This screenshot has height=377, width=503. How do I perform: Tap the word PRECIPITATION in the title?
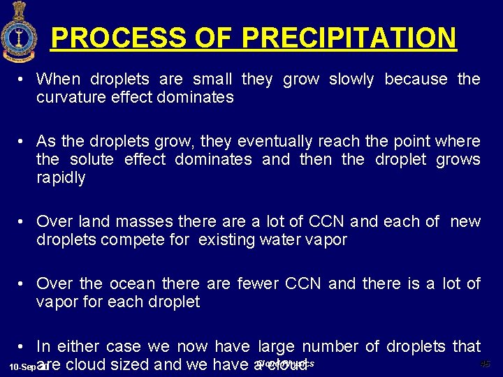[x=349, y=38]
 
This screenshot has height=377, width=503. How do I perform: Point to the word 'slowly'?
[x=351, y=80]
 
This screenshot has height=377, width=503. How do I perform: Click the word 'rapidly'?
[x=61, y=178]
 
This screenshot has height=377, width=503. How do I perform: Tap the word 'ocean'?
[x=133, y=284]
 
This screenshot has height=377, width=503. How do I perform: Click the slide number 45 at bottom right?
[x=485, y=364]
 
